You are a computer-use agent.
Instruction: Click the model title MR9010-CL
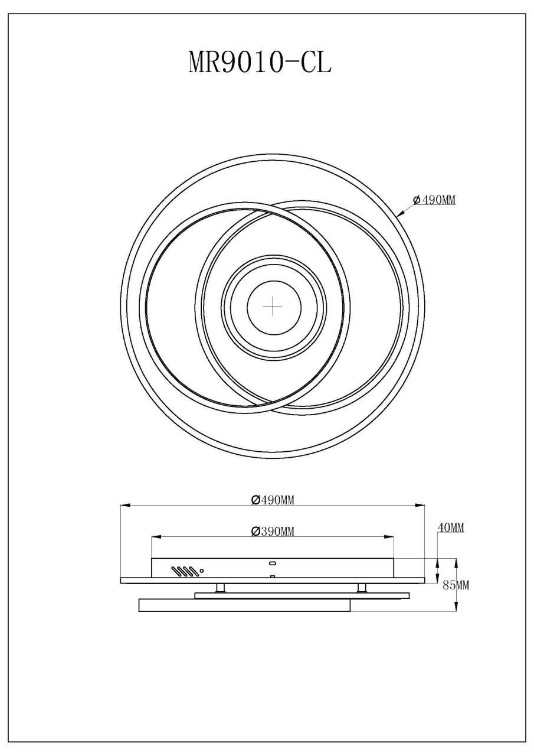click(260, 62)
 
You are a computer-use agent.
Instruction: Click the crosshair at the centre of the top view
click(273, 307)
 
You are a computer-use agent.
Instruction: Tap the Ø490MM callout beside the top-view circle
click(434, 200)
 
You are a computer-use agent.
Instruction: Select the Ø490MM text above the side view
click(273, 500)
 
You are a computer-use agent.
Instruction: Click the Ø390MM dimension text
click(273, 532)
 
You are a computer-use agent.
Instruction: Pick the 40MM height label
click(450, 527)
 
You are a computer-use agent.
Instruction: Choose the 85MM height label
click(456, 585)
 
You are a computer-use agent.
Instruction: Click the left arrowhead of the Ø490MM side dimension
click(124, 506)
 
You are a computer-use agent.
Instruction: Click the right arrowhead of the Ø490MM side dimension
click(421, 506)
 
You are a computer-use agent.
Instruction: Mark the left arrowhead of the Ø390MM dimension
click(156, 537)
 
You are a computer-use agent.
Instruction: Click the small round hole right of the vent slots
click(202, 571)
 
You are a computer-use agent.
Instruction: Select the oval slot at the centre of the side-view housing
click(273, 563)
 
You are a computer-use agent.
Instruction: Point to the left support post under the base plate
click(220, 588)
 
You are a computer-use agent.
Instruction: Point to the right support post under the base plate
click(362, 588)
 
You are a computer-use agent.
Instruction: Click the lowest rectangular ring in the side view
click(244, 605)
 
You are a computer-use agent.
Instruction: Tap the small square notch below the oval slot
click(273, 576)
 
